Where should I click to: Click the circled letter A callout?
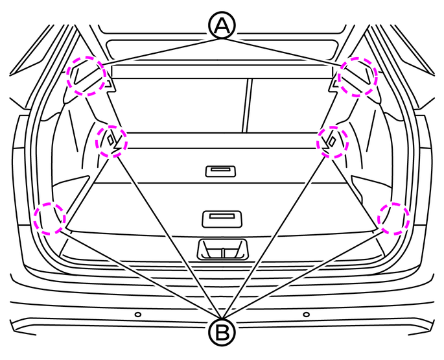pos(222,25)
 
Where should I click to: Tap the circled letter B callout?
pos(222,332)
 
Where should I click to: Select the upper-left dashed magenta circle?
pos(86,76)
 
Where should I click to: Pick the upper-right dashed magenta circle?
pos(358,77)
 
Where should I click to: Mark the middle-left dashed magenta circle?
pos(111,141)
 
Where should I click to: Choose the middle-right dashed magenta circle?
pos(333,142)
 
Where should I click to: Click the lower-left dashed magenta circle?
pos(50,219)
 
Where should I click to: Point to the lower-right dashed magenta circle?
pos(393,219)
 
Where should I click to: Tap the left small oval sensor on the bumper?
pos(138,315)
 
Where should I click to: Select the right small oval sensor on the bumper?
pos(306,315)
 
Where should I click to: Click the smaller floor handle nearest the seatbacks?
pos(220,171)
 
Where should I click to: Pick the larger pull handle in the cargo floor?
pos(222,219)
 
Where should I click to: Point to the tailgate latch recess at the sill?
pos(222,250)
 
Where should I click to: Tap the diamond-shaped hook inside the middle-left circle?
pos(110,139)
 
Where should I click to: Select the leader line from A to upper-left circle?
pos(161,52)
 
